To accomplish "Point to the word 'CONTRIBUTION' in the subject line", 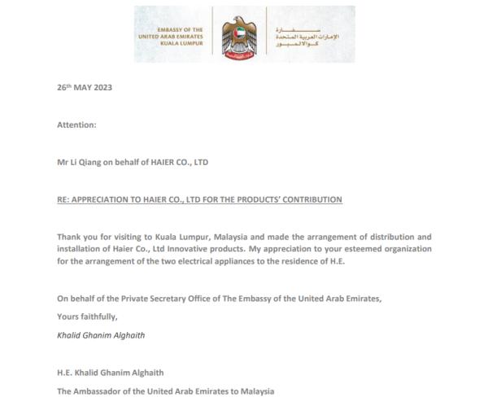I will [x=311, y=199].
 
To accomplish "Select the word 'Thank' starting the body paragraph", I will [x=68, y=236].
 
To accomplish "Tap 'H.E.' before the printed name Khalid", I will [x=65, y=373].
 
